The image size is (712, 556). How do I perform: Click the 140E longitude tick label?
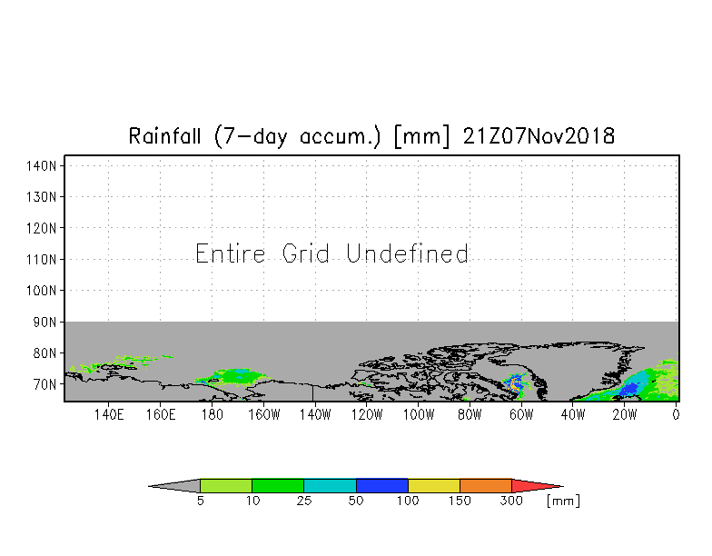click(108, 415)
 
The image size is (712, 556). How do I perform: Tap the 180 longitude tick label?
click(212, 415)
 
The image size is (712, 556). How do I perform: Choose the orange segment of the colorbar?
click(486, 486)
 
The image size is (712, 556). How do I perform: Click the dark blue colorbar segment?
click(381, 486)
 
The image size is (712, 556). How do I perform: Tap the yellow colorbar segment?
click(434, 486)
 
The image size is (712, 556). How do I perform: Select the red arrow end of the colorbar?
click(534, 486)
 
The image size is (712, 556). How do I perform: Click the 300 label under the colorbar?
click(512, 501)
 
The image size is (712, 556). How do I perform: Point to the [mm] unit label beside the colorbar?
click(562, 501)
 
